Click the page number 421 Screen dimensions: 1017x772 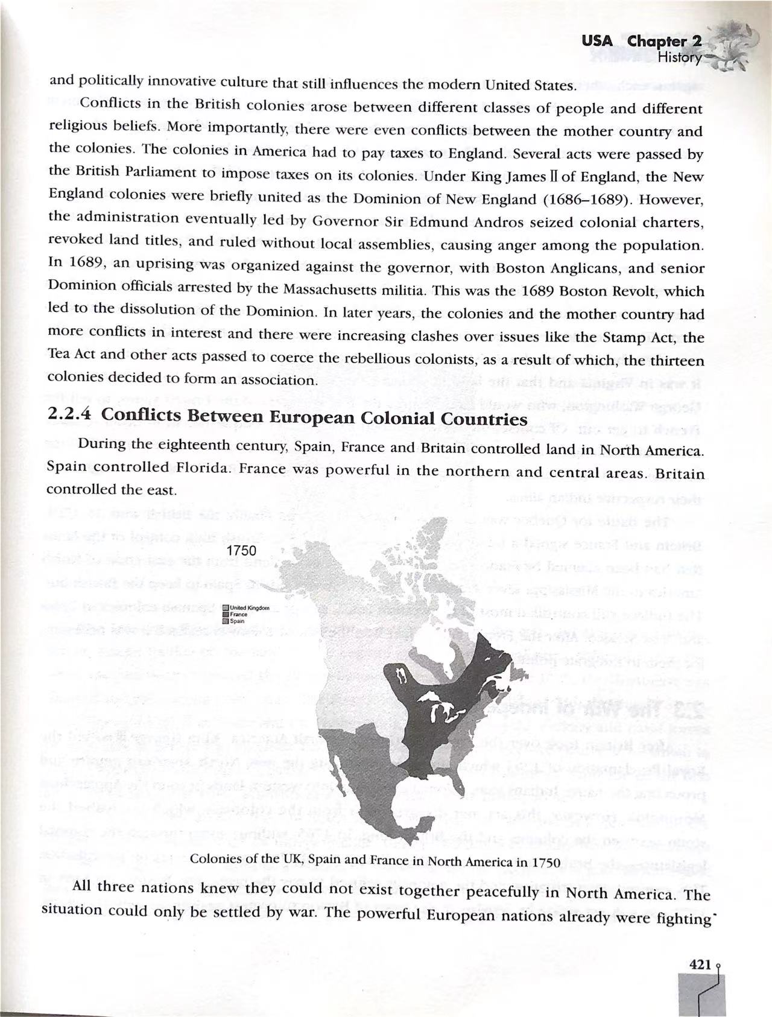tap(700, 965)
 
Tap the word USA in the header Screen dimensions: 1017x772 tap(596, 41)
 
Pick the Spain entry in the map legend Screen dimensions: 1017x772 tap(236, 620)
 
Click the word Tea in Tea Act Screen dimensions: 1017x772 tap(59, 354)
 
